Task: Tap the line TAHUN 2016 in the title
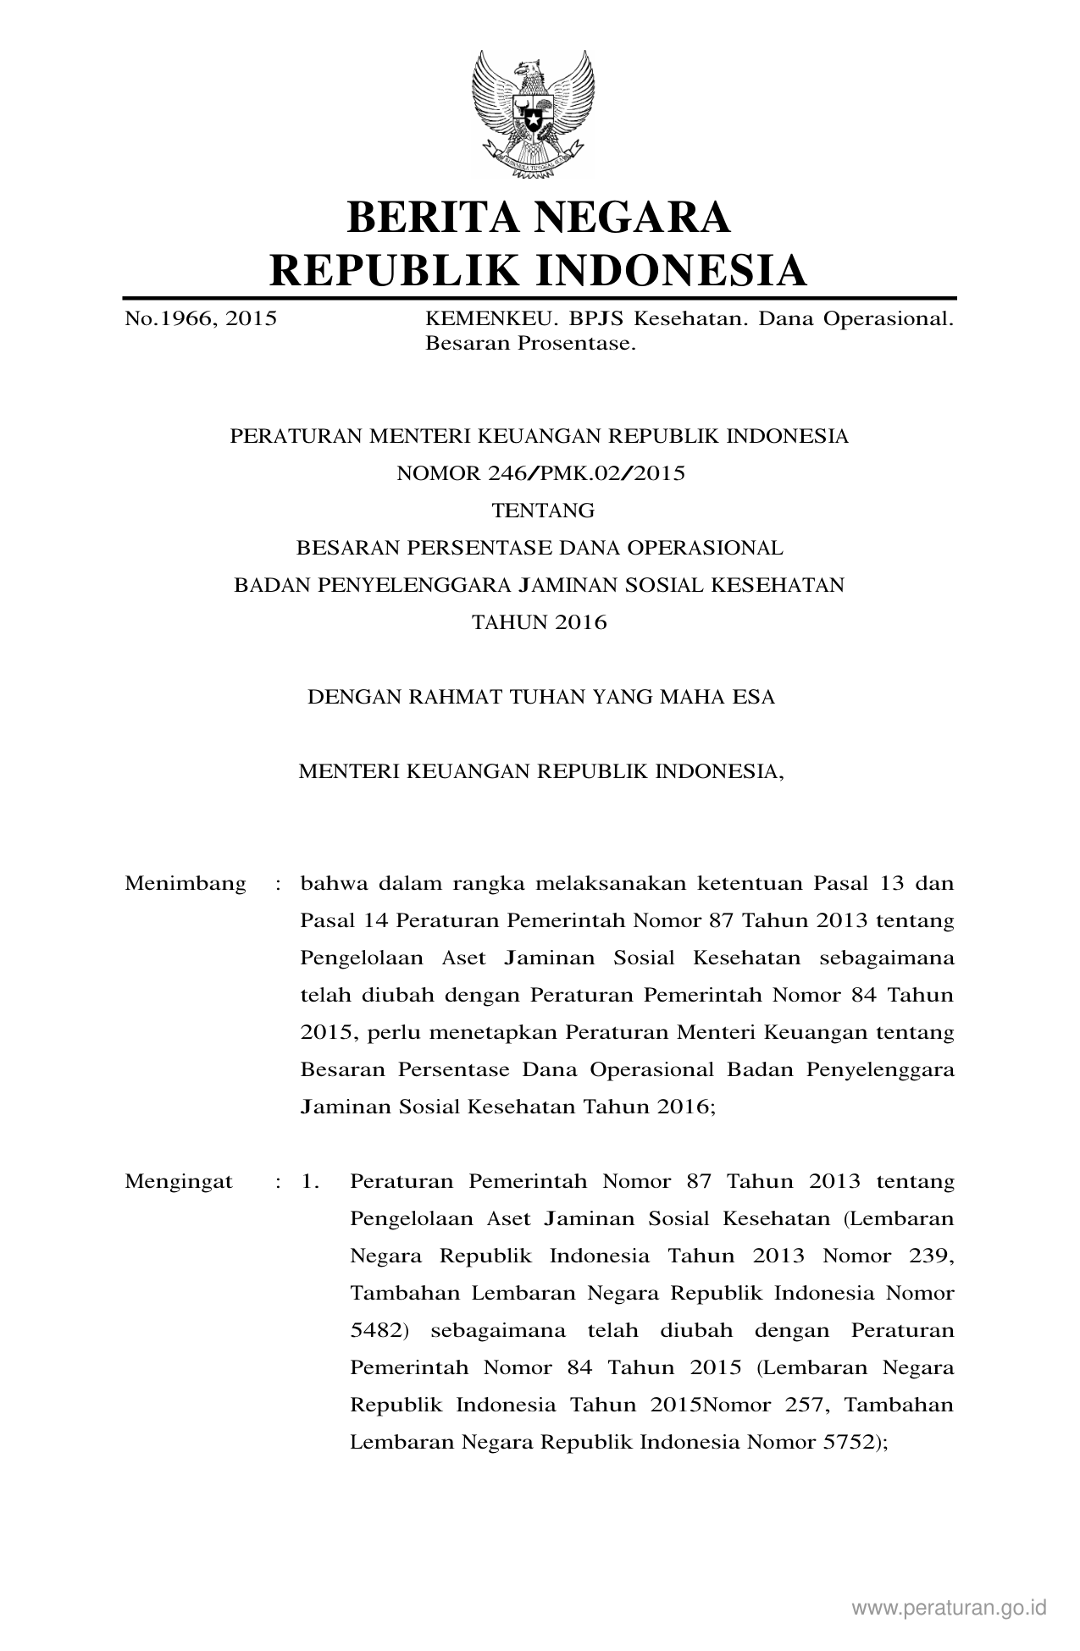(539, 622)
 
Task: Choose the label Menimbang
(185, 884)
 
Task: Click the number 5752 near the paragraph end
(848, 1442)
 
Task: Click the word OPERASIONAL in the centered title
(705, 548)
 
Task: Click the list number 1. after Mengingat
(310, 1181)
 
